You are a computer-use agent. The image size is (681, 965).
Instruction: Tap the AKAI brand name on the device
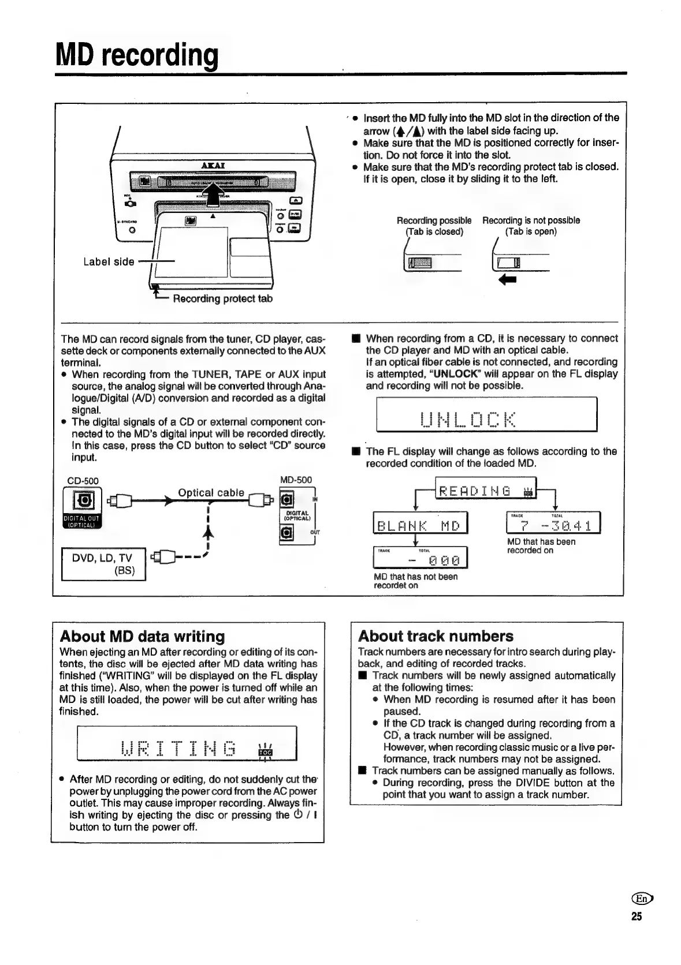coord(213,166)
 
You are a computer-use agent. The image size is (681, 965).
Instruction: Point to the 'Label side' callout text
coord(109,261)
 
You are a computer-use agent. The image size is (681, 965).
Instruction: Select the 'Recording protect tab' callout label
coord(222,298)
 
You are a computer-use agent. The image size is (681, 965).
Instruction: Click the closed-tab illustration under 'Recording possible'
coord(422,263)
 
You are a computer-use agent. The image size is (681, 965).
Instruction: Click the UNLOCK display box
coord(486,414)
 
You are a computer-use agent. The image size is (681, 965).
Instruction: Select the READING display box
coord(486,492)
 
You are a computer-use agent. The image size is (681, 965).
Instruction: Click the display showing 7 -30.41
coord(553,525)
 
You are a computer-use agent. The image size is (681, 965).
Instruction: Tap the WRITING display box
coord(187,744)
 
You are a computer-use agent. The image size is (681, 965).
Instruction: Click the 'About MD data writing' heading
coord(142,637)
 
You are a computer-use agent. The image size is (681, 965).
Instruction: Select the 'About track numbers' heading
coord(435,636)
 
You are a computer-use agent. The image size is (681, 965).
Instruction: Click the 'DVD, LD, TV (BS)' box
coord(103,564)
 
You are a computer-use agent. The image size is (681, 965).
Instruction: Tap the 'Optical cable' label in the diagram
coord(211,492)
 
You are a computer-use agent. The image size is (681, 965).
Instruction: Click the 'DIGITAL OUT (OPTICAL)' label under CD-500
coord(82,522)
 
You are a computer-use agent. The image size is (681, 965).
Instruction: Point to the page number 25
coord(636,917)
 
